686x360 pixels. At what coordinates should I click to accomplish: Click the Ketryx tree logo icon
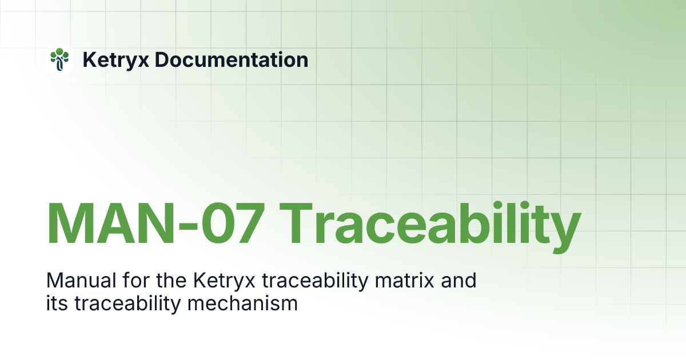[x=59, y=59]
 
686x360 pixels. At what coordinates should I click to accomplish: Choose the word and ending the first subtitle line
[x=459, y=281]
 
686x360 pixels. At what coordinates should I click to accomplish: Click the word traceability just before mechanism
[x=130, y=303]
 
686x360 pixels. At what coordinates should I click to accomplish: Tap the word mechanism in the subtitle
[x=246, y=303]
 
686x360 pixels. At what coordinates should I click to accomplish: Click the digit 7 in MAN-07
[x=246, y=223]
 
